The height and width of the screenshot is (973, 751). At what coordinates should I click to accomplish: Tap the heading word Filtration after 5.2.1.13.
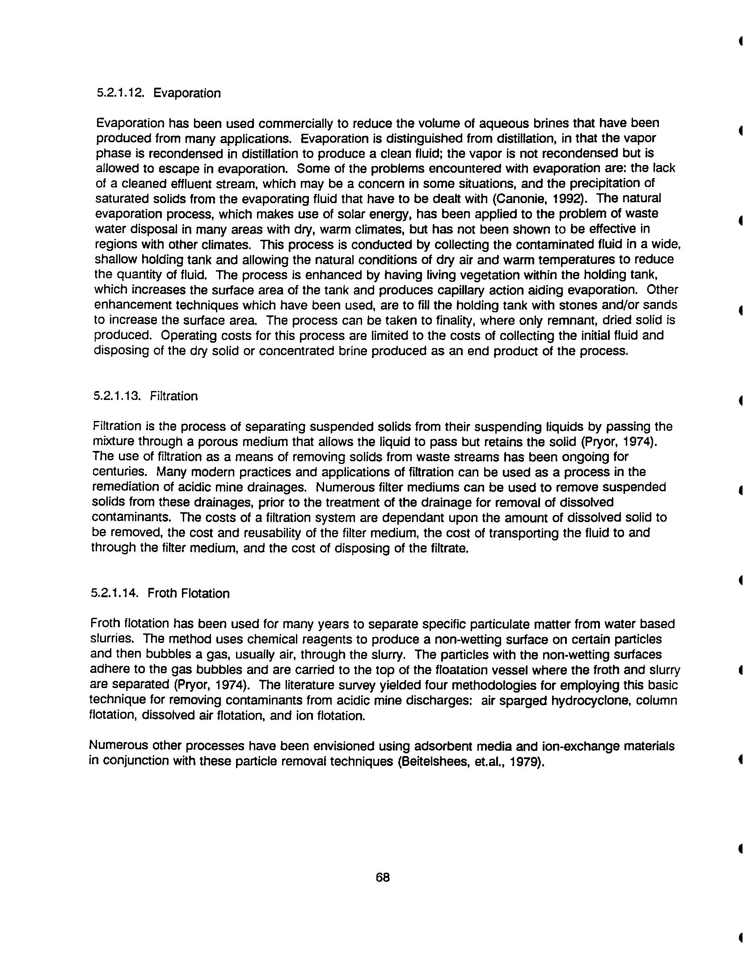tap(174, 396)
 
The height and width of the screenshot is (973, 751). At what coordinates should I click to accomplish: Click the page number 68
tap(383, 878)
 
